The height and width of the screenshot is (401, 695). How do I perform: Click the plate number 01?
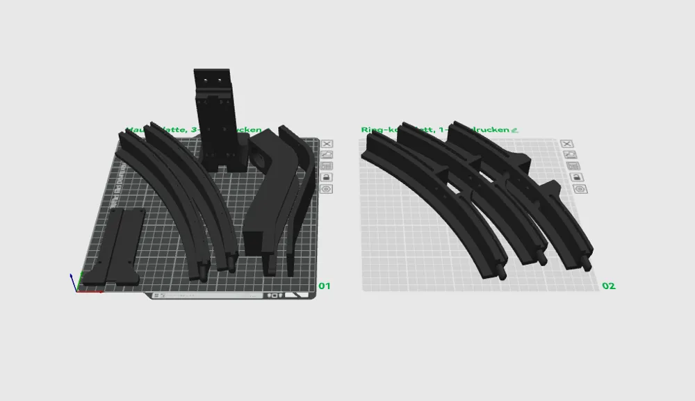[325, 286]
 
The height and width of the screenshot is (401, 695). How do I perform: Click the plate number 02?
[608, 286]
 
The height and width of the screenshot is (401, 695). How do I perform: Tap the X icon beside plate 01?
[327, 144]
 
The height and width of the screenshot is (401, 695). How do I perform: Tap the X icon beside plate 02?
[566, 144]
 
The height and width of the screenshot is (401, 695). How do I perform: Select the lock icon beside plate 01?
[327, 177]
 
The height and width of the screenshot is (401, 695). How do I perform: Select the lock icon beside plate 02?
[576, 177]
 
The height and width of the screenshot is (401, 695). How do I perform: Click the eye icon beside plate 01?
[327, 188]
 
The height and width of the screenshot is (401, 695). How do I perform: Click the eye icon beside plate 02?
[576, 188]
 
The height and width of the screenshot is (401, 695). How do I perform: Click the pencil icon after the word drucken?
[514, 130]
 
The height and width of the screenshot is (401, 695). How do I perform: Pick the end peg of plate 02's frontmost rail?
[502, 273]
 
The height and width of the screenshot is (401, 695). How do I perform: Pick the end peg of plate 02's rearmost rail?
[588, 264]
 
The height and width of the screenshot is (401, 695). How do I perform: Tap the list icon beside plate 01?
[327, 166]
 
